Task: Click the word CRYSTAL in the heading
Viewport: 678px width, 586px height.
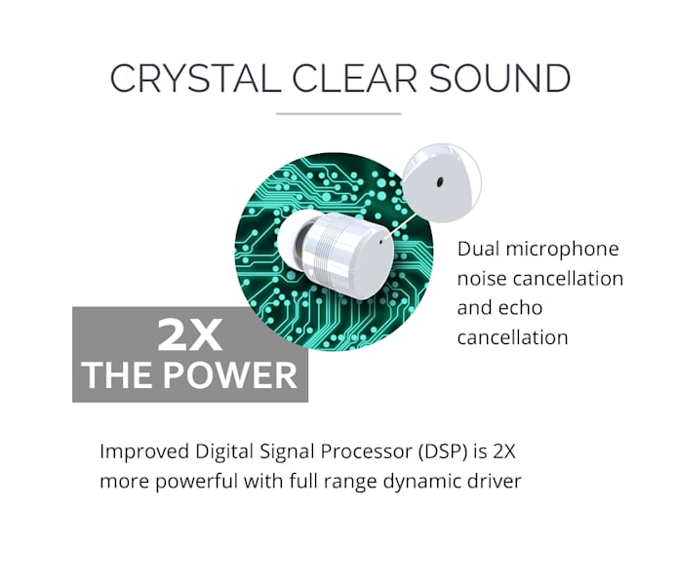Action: (195, 78)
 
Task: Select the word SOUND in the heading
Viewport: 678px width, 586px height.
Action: (499, 78)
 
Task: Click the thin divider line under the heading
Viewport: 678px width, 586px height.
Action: (339, 114)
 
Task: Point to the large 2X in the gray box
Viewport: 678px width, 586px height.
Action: (190, 334)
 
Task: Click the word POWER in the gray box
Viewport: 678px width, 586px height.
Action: (230, 375)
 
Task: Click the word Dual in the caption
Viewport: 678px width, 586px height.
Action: (477, 249)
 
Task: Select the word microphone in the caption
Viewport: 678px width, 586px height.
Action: (563, 251)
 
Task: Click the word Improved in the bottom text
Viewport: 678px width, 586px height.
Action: (144, 452)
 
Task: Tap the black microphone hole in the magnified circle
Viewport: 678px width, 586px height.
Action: (440, 182)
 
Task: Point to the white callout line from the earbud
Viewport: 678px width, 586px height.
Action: (400, 224)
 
